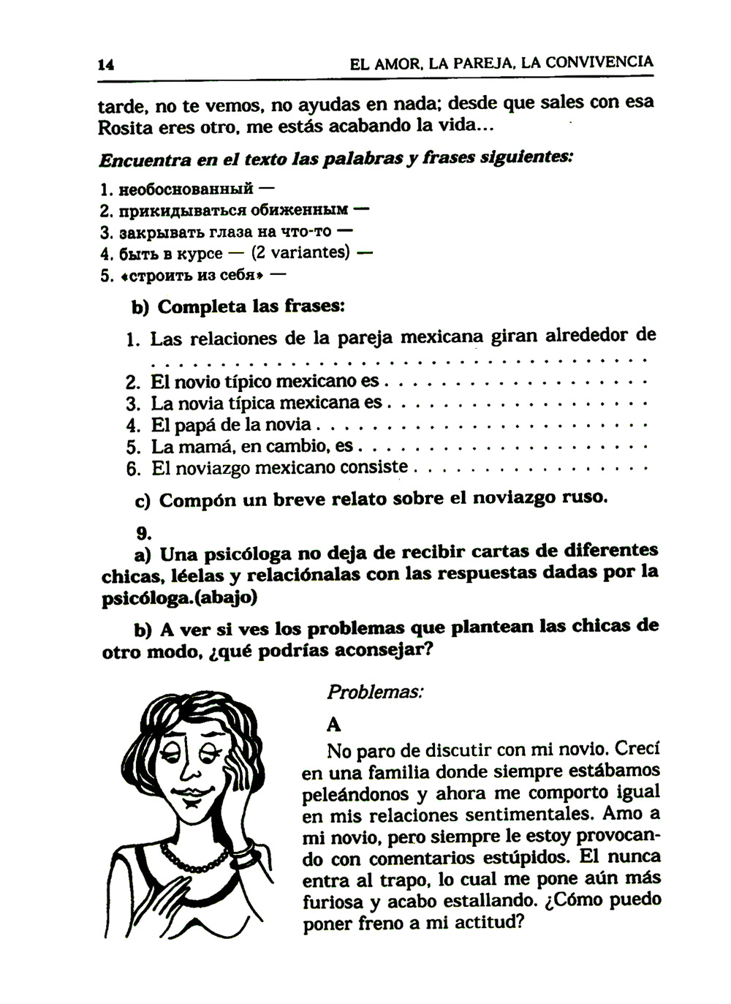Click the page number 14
pos(106,64)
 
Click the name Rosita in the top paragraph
pos(125,128)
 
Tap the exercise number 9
pos(143,533)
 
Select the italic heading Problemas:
pos(374,692)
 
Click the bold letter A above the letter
pos(334,725)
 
